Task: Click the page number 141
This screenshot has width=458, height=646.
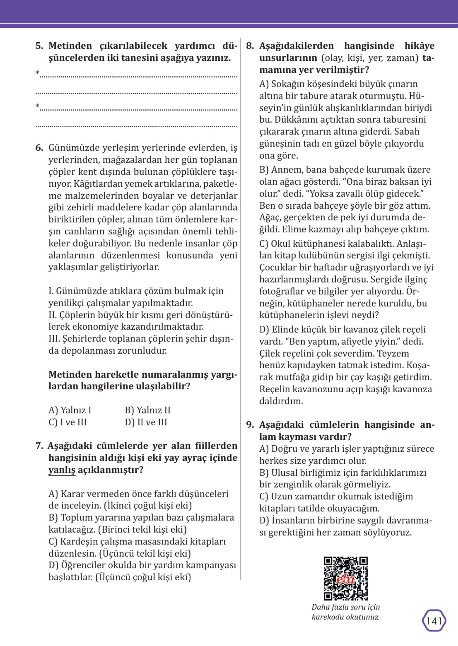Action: (x=434, y=621)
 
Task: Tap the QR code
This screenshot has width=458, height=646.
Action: (x=345, y=578)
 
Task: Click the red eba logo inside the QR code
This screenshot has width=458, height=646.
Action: (x=345, y=579)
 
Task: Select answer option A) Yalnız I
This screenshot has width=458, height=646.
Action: (x=70, y=410)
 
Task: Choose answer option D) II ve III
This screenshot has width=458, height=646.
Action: (x=146, y=422)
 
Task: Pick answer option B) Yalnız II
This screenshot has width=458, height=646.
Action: (x=147, y=410)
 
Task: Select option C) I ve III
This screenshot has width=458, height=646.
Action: (x=67, y=422)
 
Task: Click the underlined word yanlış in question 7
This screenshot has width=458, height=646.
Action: (x=62, y=470)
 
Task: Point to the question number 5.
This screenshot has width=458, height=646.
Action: (x=39, y=46)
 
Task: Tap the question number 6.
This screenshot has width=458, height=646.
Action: (x=39, y=147)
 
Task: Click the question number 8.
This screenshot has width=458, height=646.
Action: (x=250, y=46)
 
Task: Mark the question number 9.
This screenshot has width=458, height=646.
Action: (x=250, y=425)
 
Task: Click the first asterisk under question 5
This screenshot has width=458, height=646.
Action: (x=37, y=73)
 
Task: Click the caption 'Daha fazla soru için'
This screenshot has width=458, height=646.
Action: (x=345, y=607)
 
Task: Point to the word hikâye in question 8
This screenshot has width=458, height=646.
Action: (x=419, y=46)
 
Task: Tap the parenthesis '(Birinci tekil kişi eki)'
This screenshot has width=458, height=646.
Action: (x=143, y=530)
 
